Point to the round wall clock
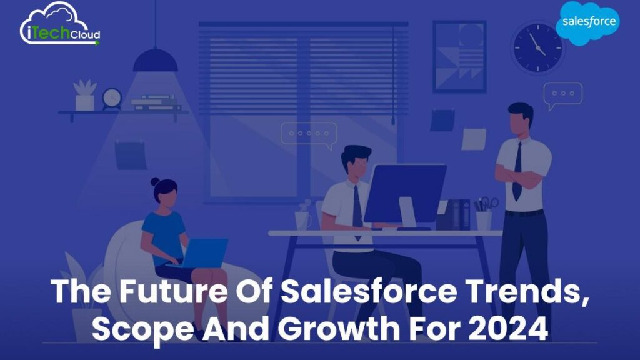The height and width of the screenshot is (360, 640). coord(536,46)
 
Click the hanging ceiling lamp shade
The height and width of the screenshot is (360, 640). coord(156,61)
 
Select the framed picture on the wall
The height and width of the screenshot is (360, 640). coord(459,56)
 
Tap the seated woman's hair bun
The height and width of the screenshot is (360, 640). coord(154,182)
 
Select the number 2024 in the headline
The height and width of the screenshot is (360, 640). coord(512,327)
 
